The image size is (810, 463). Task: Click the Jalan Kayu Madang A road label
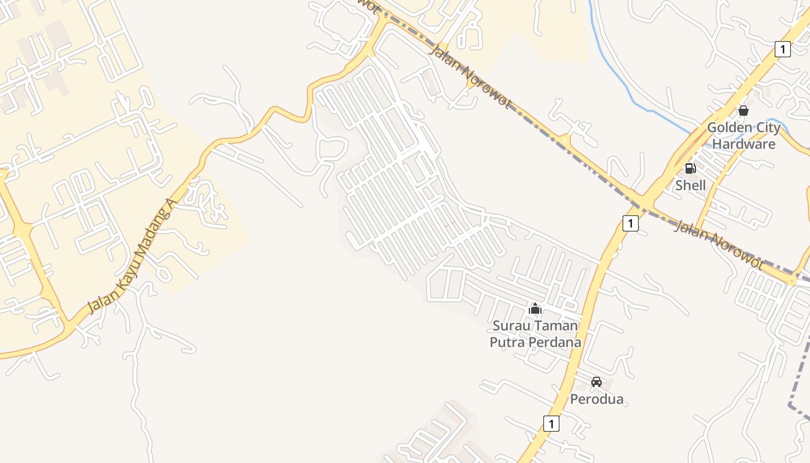click(131, 255)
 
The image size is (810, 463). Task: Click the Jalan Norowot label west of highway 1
click(470, 76)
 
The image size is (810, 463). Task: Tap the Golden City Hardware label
click(743, 135)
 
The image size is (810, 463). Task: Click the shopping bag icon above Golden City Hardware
click(743, 110)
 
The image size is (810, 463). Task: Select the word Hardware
click(743, 144)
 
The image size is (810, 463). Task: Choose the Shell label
click(690, 185)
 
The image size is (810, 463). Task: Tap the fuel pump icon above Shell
click(690, 168)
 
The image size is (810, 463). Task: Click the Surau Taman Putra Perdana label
click(535, 334)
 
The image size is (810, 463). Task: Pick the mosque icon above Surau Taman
click(535, 308)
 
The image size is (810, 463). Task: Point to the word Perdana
click(553, 342)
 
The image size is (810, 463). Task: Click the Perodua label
click(597, 399)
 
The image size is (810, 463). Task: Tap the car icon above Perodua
click(597, 382)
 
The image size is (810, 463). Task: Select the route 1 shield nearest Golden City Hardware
click(782, 49)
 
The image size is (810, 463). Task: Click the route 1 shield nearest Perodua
click(551, 424)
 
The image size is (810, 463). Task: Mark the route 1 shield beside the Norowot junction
click(631, 223)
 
